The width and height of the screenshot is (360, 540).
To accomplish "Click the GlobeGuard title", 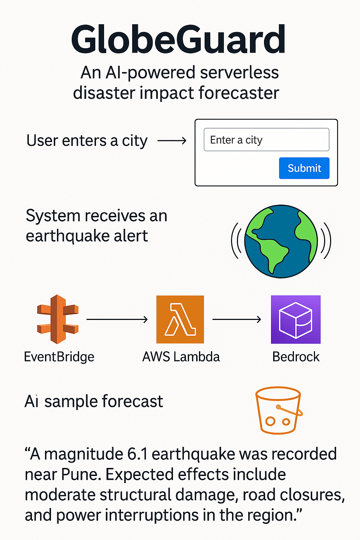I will [178, 40].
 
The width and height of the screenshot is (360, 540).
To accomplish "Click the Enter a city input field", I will [266, 140].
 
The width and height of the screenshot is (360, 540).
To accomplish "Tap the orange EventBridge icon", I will [58, 319].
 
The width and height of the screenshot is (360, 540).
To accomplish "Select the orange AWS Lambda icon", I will [180, 319].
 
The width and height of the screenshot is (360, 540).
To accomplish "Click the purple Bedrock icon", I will [296, 319].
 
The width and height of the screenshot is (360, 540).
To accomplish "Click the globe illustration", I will [281, 241].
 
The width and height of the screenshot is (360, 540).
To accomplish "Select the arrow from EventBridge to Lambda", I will [117, 319].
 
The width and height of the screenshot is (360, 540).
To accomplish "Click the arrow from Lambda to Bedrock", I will [237, 319].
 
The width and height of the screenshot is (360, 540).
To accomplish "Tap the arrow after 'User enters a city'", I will [172, 141].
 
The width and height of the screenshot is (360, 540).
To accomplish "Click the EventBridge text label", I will [59, 357].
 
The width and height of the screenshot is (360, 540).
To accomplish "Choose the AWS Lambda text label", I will [181, 357].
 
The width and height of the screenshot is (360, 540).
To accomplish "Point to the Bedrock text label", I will [296, 357].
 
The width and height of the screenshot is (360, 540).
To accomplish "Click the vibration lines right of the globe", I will [326, 241].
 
